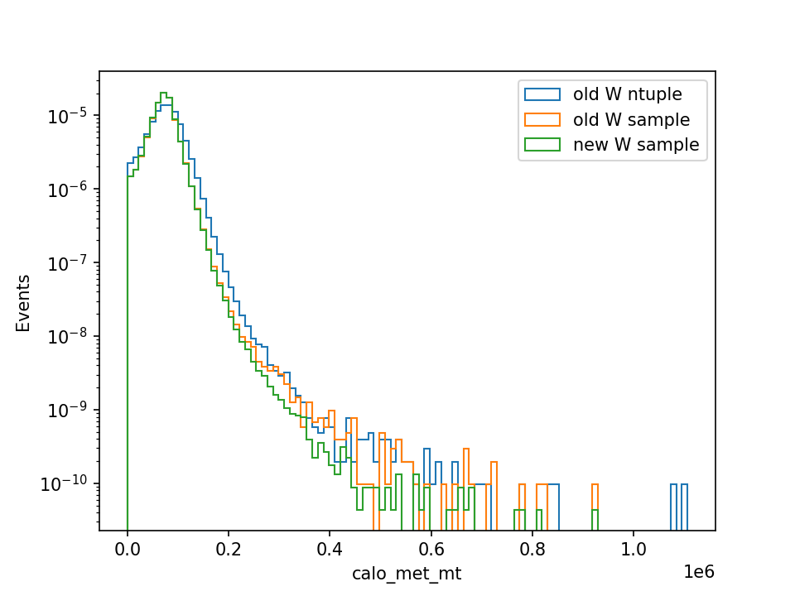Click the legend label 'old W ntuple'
pyautogui.click(x=627, y=94)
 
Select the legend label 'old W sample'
pyautogui.click(x=631, y=119)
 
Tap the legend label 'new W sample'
pyautogui.click(x=636, y=144)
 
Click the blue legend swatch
pyautogui.click(x=542, y=94)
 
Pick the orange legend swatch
pyautogui.click(x=542, y=119)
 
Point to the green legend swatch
pyautogui.click(x=542, y=144)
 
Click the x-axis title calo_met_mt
pyautogui.click(x=407, y=573)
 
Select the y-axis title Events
pyautogui.click(x=23, y=303)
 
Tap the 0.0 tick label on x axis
pyautogui.click(x=128, y=549)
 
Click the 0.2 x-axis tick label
pyautogui.click(x=229, y=549)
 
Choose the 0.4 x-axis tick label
pyautogui.click(x=330, y=549)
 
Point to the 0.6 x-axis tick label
pyautogui.click(x=431, y=549)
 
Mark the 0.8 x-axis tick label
pyautogui.click(x=532, y=549)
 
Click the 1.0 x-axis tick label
pyautogui.click(x=634, y=549)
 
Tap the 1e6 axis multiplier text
pyautogui.click(x=699, y=572)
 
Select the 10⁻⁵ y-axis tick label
pyautogui.click(x=67, y=116)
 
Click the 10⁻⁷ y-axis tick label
pyautogui.click(x=67, y=262)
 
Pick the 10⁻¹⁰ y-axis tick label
pyautogui.click(x=64, y=483)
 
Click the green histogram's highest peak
pyautogui.click(x=163, y=93)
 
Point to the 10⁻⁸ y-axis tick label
pyautogui.click(x=67, y=336)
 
